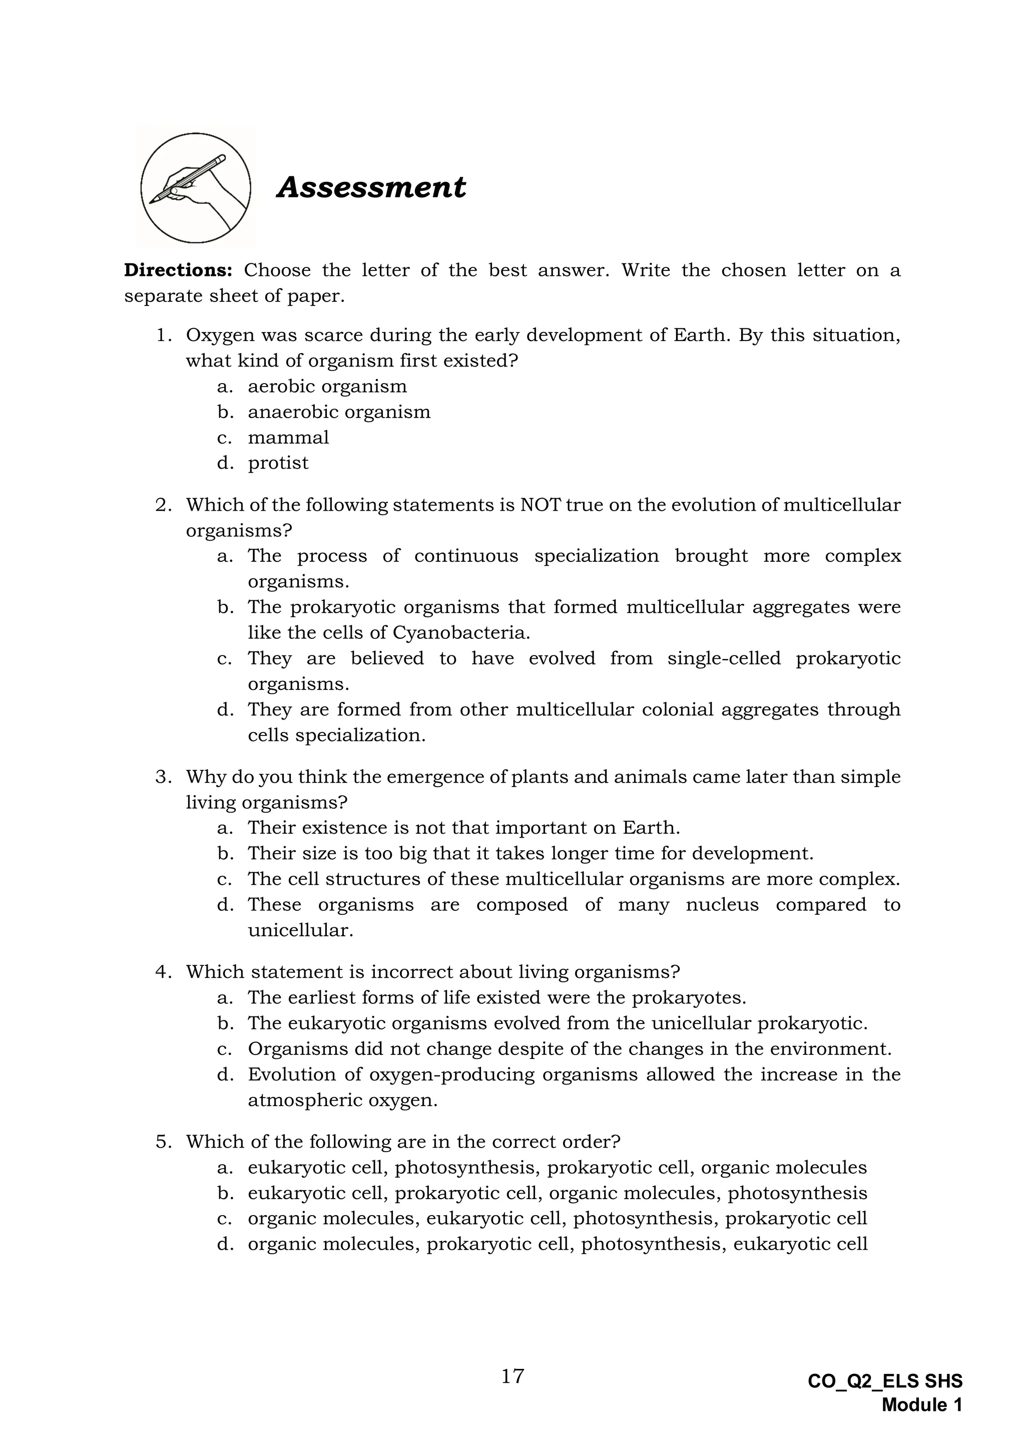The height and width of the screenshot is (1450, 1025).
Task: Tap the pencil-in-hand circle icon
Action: point(196,188)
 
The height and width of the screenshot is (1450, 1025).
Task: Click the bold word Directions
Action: point(179,270)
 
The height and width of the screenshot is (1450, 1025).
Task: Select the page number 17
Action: point(512,1375)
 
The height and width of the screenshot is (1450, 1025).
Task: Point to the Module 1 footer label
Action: point(921,1405)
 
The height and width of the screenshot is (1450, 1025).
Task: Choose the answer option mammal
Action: point(288,438)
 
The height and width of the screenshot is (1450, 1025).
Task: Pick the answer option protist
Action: point(278,463)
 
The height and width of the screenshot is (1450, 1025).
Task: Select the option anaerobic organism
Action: point(339,412)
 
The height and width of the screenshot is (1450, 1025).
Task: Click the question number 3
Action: point(163,777)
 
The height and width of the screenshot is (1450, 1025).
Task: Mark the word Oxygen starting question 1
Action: point(217,335)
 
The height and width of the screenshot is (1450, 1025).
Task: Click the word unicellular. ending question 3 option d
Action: point(300,930)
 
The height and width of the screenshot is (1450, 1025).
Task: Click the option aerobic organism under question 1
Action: point(327,387)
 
